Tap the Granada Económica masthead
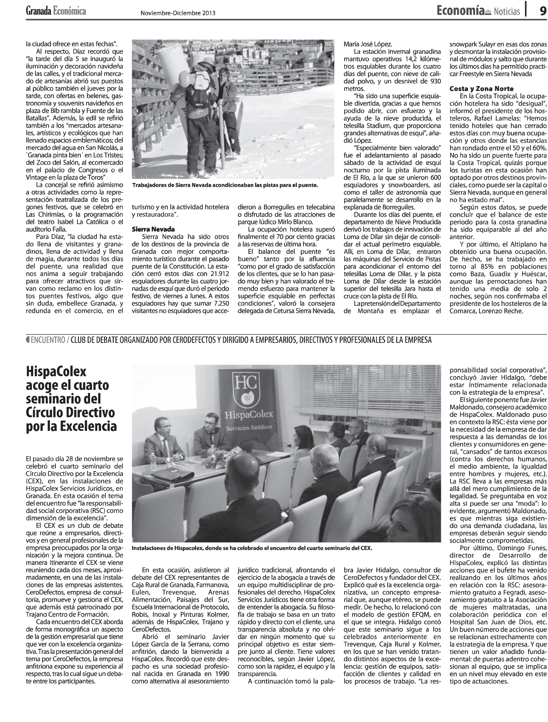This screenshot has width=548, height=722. (56, 11)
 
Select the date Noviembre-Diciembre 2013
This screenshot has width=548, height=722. (178, 13)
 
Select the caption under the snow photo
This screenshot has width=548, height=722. (225, 185)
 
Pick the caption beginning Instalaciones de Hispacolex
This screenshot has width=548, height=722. (252, 548)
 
